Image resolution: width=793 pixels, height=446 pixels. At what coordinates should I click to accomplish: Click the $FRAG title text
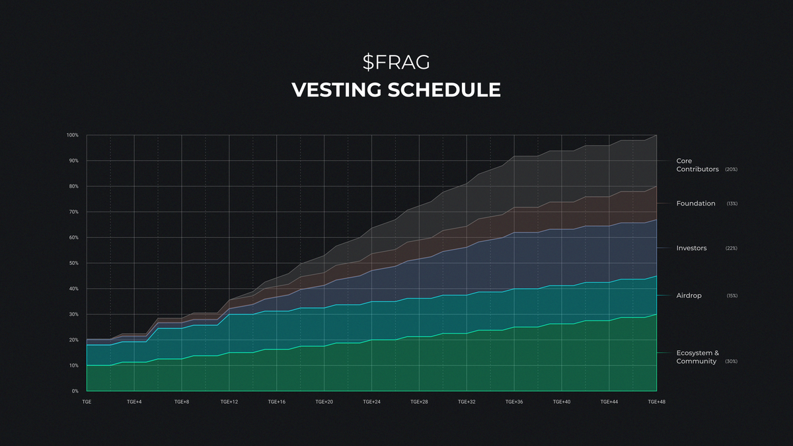[x=396, y=62]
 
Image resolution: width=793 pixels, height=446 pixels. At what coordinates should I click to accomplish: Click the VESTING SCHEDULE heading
[x=396, y=90]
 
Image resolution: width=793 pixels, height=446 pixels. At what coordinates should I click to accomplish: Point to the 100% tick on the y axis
[x=73, y=135]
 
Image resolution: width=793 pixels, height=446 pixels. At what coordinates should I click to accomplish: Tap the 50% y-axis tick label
[x=74, y=263]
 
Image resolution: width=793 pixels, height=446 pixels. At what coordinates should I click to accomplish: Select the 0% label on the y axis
[x=75, y=391]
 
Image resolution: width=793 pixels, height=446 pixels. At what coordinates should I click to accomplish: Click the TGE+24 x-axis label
[x=372, y=402]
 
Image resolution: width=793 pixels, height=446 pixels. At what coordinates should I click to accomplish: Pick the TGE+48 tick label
[x=656, y=402]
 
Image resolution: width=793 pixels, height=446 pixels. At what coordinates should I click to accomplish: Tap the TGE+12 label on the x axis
[x=229, y=402]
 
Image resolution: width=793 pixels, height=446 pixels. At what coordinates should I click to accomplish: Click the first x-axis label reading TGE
[x=87, y=402]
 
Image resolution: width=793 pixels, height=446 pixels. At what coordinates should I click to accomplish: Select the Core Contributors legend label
[x=697, y=165]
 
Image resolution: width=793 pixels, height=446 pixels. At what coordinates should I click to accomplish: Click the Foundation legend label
[x=695, y=204]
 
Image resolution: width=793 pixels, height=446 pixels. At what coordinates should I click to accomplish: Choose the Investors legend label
[x=691, y=248]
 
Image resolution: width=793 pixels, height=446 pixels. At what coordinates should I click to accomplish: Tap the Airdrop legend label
[x=689, y=296]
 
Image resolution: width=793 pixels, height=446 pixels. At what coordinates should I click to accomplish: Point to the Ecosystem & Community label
[x=698, y=357]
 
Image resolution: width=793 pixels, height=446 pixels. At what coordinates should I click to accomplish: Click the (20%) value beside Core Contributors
[x=731, y=170]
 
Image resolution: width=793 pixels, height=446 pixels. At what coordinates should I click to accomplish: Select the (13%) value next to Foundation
[x=732, y=204]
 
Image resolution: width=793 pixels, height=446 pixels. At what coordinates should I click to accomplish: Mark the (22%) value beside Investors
[x=732, y=248]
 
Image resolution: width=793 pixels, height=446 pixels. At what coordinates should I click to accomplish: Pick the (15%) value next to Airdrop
[x=732, y=296]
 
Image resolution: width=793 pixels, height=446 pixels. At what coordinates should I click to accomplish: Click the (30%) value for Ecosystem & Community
[x=731, y=361]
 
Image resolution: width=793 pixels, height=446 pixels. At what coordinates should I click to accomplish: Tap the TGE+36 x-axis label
[x=514, y=402]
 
